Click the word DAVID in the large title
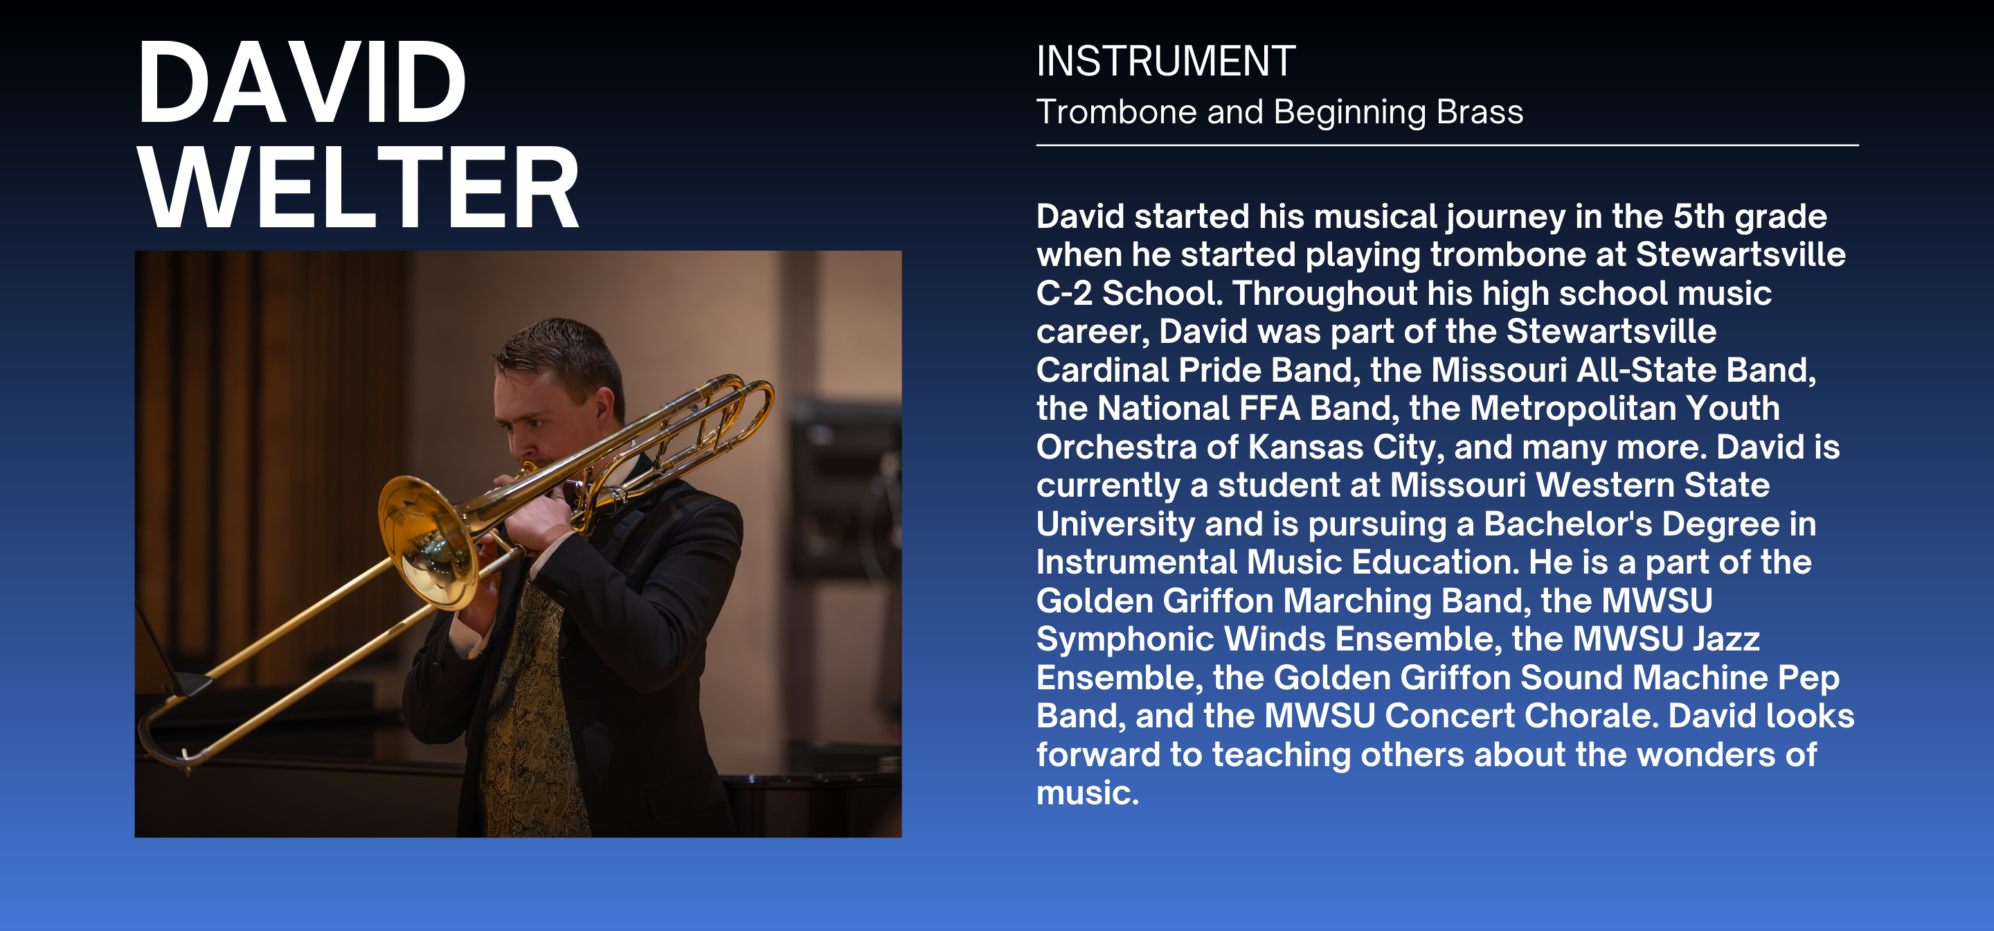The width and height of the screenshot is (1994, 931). tap(301, 83)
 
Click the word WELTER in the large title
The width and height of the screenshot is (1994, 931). tap(359, 188)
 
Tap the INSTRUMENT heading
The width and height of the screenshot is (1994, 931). tap(1166, 61)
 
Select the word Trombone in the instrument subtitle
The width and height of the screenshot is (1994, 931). tap(1117, 112)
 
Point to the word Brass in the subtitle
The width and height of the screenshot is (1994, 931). tap(1480, 112)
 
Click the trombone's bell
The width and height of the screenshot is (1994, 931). tap(428, 542)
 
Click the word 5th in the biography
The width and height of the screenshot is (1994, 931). tap(1699, 217)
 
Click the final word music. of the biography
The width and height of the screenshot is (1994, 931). tap(1088, 794)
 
